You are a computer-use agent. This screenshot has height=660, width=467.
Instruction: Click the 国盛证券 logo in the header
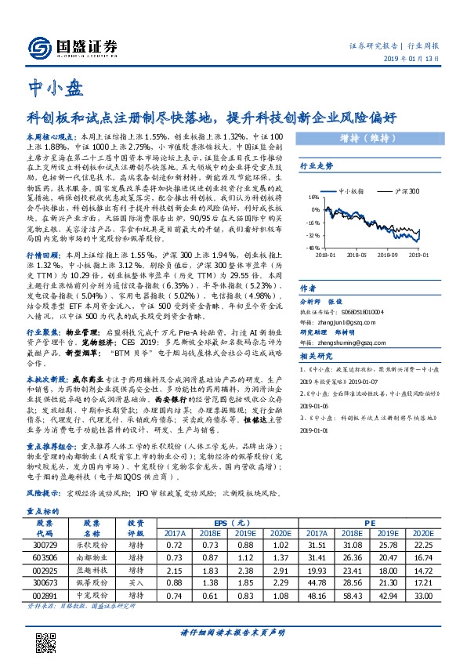[x=67, y=47]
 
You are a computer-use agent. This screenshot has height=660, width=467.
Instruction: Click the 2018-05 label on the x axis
[x=357, y=254]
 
